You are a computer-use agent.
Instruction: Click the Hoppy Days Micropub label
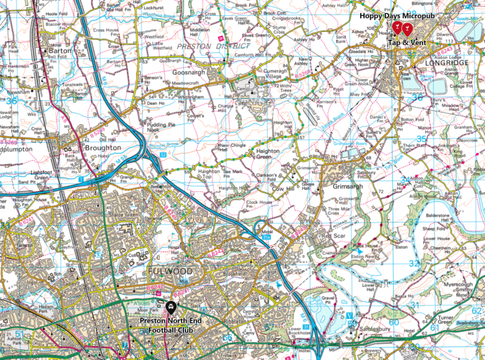pyautogui.click(x=392, y=15)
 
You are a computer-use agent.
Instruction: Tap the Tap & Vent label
pyautogui.click(x=407, y=41)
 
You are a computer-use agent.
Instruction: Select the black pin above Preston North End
pyautogui.click(x=171, y=307)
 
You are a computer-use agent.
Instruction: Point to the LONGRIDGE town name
pyautogui.click(x=444, y=62)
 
